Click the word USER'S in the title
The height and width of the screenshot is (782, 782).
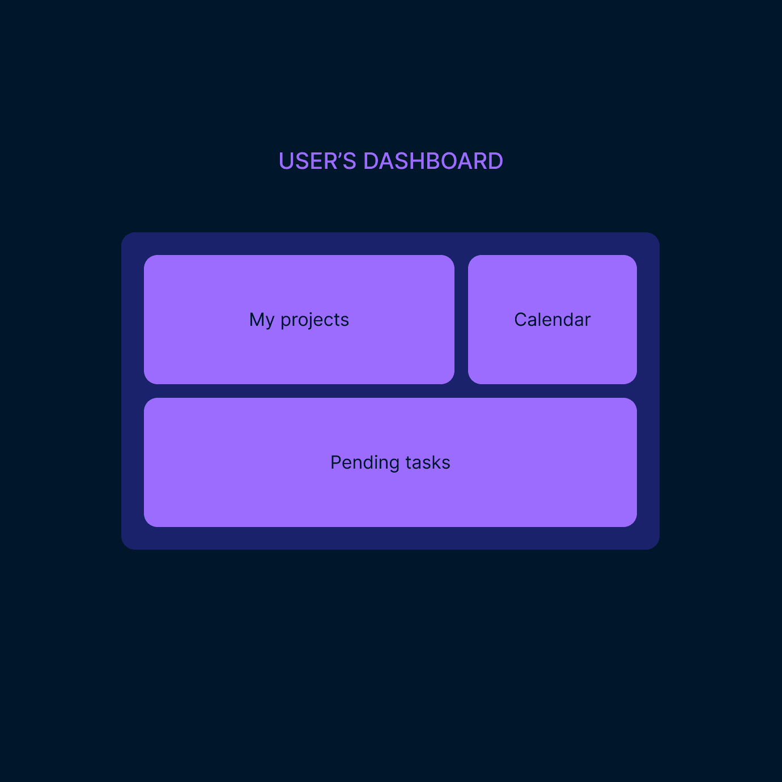point(317,161)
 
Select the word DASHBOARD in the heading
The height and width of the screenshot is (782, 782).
point(433,161)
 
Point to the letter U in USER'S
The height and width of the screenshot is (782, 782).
point(286,161)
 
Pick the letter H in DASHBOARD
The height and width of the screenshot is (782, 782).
point(414,161)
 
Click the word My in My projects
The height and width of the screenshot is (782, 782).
point(262,320)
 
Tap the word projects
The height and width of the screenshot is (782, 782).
point(315,320)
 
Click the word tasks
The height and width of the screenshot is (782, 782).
point(428,463)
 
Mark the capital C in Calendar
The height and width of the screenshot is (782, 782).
point(520,320)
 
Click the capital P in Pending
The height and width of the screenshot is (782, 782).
point(335,462)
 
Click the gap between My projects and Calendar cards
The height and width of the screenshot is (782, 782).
point(461,320)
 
